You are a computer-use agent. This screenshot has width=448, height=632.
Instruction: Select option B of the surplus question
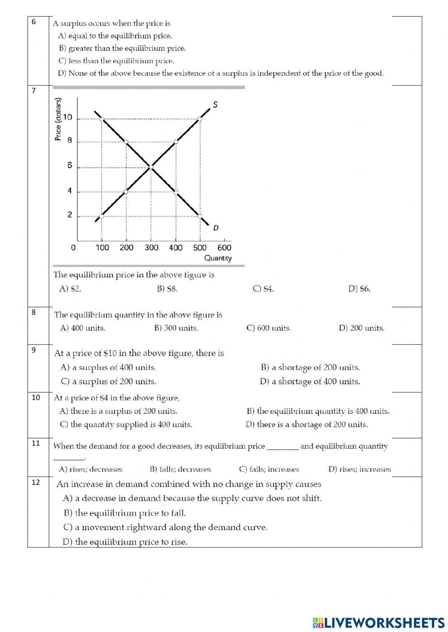122,48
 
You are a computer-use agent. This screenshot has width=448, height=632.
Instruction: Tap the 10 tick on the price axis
68,118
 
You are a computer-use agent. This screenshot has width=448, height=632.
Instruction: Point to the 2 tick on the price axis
69,215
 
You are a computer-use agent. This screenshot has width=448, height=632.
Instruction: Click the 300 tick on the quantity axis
151,248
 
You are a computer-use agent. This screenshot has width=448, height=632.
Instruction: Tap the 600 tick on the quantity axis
224,248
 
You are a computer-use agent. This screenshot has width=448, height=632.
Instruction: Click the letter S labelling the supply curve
215,105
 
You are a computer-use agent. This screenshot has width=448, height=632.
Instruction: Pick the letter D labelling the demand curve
216,228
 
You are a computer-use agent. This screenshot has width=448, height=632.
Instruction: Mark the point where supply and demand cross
151,167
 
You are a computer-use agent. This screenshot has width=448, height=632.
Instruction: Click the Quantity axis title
218,258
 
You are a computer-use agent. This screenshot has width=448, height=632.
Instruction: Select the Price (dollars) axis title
58,119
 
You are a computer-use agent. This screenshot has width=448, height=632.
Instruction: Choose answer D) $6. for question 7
359,289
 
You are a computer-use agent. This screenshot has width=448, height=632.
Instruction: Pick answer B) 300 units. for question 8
176,328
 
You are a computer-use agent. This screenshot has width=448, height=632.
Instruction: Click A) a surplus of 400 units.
108,368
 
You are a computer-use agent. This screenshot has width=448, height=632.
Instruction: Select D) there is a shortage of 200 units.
306,424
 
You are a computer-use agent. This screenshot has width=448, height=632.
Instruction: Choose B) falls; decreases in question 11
180,469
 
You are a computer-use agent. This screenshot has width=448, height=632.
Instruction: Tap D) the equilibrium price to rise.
125,542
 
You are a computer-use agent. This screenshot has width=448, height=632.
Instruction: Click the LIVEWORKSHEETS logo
379,622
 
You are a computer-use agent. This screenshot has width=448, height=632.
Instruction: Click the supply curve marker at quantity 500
200,119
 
